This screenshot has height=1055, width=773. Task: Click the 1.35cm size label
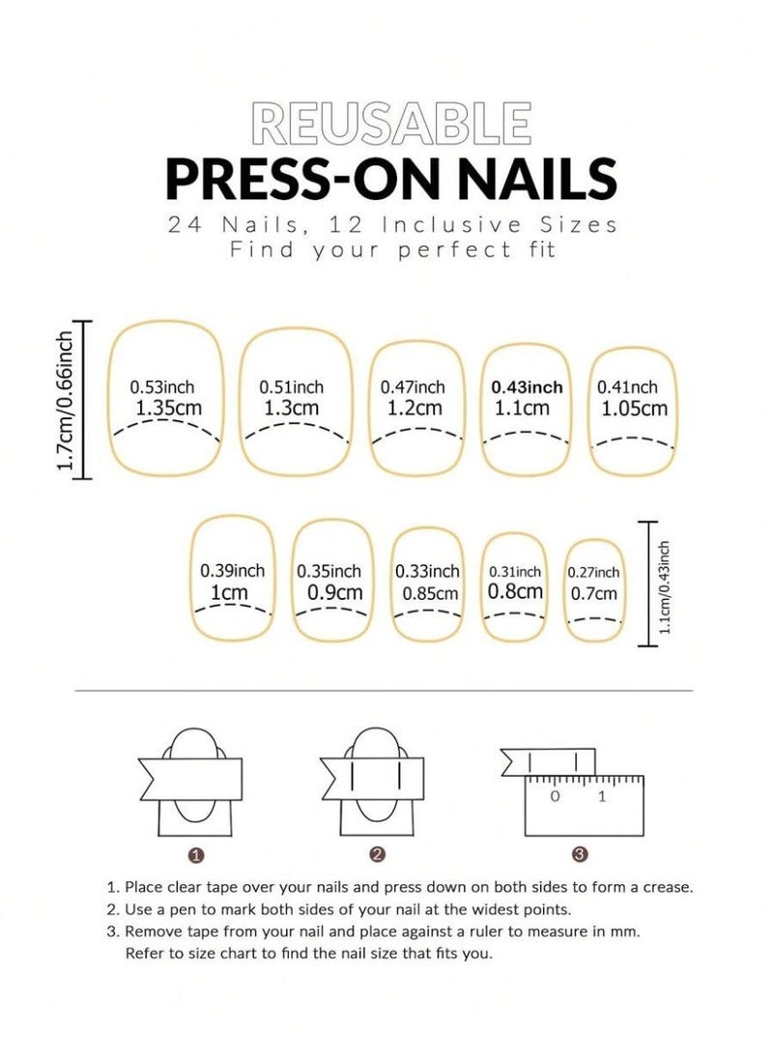pyautogui.click(x=169, y=408)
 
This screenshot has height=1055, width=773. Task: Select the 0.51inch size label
pyautogui.click(x=292, y=387)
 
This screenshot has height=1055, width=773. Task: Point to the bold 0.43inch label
pyautogui.click(x=527, y=387)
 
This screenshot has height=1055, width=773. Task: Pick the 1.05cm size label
pyautogui.click(x=634, y=409)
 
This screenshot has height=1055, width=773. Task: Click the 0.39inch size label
pyautogui.click(x=232, y=571)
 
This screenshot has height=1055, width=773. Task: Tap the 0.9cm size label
pyautogui.click(x=334, y=592)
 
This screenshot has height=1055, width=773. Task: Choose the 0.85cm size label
pyautogui.click(x=427, y=593)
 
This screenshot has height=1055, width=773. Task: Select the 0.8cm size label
pyautogui.click(x=515, y=592)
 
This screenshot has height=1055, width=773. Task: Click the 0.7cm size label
pyautogui.click(x=594, y=593)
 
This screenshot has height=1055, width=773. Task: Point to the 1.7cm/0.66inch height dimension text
pyautogui.click(x=66, y=399)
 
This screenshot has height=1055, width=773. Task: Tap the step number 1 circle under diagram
pyautogui.click(x=196, y=854)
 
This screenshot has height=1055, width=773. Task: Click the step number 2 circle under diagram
pyautogui.click(x=378, y=854)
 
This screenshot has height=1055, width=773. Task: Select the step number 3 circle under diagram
pyautogui.click(x=579, y=854)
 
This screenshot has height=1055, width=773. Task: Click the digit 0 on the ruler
pyautogui.click(x=555, y=797)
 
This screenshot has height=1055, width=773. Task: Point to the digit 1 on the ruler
pyautogui.click(x=603, y=797)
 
